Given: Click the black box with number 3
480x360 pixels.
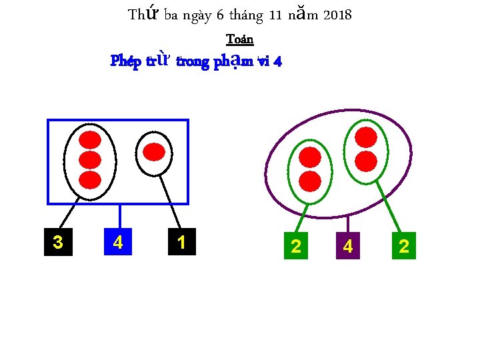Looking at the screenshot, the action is pyautogui.click(x=58, y=241).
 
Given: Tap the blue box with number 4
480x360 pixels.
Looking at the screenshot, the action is pyautogui.click(x=118, y=241).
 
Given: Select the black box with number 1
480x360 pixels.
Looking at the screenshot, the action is pyautogui.click(x=181, y=241).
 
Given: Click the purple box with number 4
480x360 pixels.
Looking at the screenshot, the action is pyautogui.click(x=347, y=246).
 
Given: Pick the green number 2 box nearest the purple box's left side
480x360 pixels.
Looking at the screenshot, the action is pyautogui.click(x=296, y=246).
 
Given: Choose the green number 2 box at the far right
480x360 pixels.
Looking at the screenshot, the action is pyautogui.click(x=403, y=246).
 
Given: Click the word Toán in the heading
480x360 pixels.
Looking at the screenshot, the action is pyautogui.click(x=240, y=39).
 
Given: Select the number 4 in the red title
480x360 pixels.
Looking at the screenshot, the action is pyautogui.click(x=277, y=62).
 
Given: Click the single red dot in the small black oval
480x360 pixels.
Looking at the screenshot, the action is pyautogui.click(x=154, y=152).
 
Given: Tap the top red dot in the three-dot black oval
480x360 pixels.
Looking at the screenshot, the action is pyautogui.click(x=90, y=140).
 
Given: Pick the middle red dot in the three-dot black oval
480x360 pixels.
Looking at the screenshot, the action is pyautogui.click(x=90, y=160).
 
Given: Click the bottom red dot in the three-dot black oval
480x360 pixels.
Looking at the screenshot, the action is pyautogui.click(x=90, y=180).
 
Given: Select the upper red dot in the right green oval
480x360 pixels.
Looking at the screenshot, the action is pyautogui.click(x=365, y=137).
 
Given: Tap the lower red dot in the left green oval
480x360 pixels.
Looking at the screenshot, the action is pyautogui.click(x=310, y=181).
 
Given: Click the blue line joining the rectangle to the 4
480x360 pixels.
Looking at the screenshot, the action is pyautogui.click(x=119, y=215).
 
